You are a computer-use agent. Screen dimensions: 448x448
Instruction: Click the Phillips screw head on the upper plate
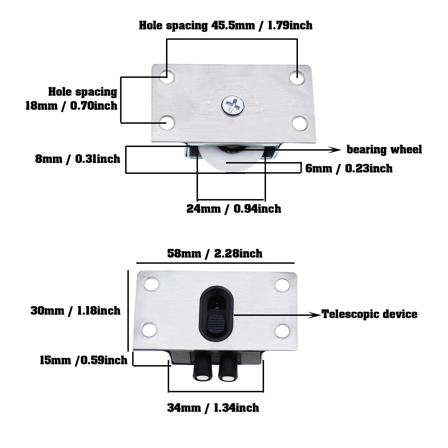click(233, 106)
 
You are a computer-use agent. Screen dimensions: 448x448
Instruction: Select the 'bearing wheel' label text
click(384, 150)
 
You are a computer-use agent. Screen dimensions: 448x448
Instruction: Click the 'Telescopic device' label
click(369, 314)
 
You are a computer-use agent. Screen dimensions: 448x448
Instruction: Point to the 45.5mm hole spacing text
click(226, 25)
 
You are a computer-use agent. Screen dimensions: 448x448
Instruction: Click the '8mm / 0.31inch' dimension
click(78, 159)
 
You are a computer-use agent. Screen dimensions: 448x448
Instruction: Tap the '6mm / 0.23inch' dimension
click(349, 169)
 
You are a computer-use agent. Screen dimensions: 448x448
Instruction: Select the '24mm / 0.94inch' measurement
click(234, 209)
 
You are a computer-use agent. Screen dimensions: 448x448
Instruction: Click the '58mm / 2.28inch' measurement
click(215, 254)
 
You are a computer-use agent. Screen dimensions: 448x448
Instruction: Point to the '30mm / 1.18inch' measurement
click(76, 311)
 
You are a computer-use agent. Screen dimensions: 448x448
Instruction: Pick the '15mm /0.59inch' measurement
click(84, 360)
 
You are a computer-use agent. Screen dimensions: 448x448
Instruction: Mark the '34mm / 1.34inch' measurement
click(213, 408)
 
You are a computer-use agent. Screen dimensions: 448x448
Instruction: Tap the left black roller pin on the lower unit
click(201, 368)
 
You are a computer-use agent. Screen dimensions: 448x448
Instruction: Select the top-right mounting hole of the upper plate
click(297, 78)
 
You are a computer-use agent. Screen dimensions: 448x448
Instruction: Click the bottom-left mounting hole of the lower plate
click(149, 330)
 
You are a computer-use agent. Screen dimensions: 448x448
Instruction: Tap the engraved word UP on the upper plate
click(259, 110)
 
